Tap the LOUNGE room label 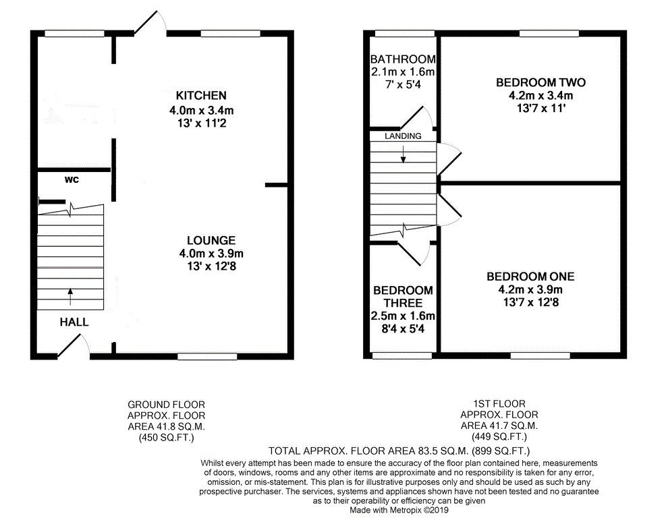pos(211,240)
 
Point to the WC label pos(72,179)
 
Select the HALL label pos(74,322)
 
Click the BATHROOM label pos(403,59)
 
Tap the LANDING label pos(403,136)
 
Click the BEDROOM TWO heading pos(540,82)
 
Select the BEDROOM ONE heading pos(530,277)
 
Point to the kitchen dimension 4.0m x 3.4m pos(201,111)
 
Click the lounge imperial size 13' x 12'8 pos(211,266)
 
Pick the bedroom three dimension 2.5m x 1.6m pos(403,316)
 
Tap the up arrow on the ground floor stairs pos(70,297)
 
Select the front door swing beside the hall pos(73,345)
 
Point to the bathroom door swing pos(416,117)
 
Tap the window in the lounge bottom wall pos(207,356)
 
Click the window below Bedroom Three pos(402,356)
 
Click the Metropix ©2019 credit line pos(399,511)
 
